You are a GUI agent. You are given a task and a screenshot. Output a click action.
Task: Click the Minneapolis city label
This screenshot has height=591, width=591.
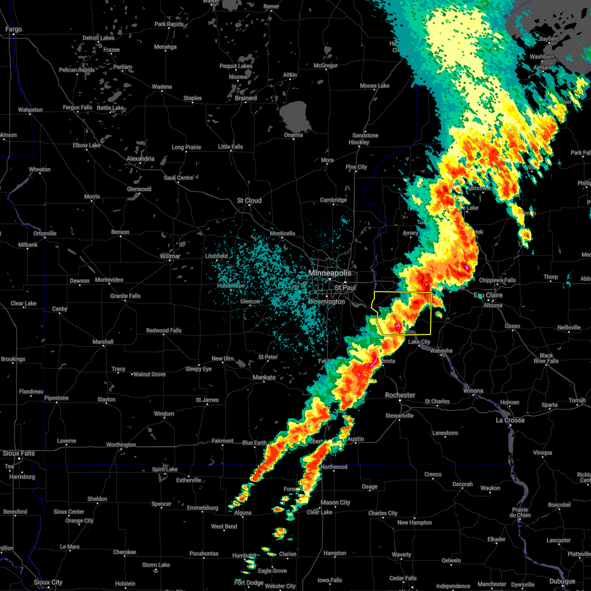click(x=329, y=273)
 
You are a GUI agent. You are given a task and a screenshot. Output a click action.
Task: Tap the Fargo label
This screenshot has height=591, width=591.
click(x=13, y=30)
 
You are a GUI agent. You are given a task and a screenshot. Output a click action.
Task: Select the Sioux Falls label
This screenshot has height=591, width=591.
click(x=19, y=453)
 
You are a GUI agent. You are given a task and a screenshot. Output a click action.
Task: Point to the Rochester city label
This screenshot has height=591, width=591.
click(x=400, y=395)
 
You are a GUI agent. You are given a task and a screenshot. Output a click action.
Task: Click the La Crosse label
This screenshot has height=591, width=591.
click(x=510, y=420)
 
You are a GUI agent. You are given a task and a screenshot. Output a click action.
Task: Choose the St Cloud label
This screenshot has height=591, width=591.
click(x=249, y=200)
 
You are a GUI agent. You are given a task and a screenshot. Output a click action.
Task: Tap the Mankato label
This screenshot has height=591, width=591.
click(x=264, y=377)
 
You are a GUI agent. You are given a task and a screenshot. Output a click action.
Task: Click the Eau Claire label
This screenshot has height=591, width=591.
click(x=488, y=295)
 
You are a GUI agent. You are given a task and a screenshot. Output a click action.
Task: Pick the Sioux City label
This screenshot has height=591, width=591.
click(x=48, y=582)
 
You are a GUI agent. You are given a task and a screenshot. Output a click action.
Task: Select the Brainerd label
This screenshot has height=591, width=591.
click(x=246, y=98)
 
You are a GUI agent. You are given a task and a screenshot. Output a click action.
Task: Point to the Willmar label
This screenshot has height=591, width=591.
click(x=170, y=256)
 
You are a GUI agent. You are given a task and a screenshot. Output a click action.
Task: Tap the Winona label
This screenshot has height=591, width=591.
click(x=473, y=391)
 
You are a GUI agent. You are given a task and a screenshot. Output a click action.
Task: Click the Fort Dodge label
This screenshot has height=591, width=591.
click(x=249, y=583)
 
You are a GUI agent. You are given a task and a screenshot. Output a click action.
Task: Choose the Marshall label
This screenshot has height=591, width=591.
click(x=103, y=342)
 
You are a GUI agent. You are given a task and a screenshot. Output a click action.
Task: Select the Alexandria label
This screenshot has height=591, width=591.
click(x=140, y=159)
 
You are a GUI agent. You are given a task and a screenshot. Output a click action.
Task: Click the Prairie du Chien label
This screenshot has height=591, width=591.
click(x=520, y=512)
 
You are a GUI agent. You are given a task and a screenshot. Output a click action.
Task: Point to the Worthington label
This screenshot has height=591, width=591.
click(x=121, y=445)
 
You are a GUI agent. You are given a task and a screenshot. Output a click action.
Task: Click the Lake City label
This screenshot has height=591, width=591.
click(x=419, y=342)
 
